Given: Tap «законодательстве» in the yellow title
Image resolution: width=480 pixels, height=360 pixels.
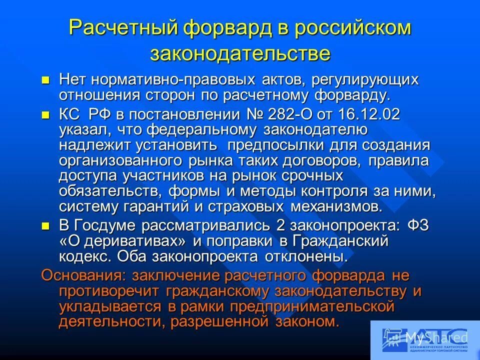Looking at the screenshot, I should tap(240, 53).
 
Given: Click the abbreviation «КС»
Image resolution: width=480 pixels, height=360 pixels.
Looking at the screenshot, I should tap(69, 114).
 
